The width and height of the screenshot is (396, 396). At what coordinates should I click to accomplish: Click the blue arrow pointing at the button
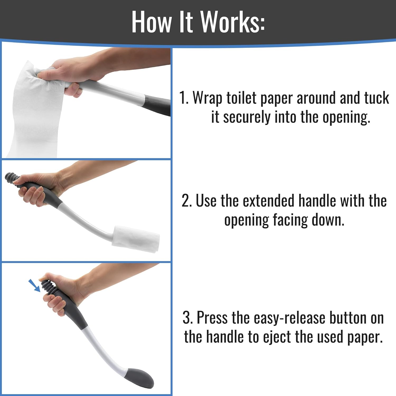tap(34, 286)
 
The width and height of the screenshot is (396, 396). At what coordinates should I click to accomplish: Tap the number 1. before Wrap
tap(184, 98)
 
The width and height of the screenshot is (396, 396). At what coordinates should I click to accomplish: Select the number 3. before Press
tap(188, 318)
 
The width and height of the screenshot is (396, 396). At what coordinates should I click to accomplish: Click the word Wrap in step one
tap(208, 98)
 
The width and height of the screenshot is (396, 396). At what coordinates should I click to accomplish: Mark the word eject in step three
tap(276, 337)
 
